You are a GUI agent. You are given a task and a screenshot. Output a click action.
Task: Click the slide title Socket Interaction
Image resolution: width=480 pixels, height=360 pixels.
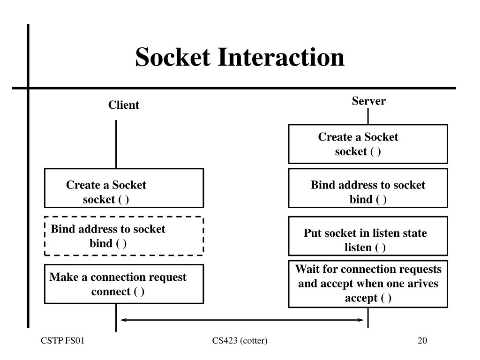tap(240, 57)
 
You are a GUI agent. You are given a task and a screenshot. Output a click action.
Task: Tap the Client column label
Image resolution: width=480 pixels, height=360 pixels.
tap(123, 105)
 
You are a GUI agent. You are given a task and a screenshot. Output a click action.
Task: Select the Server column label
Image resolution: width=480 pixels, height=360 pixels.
tap(368, 101)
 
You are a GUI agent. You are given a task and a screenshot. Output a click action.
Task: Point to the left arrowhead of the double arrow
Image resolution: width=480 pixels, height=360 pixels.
tap(121, 320)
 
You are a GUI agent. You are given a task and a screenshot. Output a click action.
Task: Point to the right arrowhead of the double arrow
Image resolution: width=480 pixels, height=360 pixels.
tap(363, 320)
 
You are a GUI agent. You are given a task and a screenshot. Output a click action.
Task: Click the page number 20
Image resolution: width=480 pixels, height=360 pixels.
tap(422, 340)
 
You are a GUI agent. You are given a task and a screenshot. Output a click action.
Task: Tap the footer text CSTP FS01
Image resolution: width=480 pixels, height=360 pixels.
tap(62, 340)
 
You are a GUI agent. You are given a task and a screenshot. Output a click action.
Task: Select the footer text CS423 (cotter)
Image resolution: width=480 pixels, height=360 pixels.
tap(240, 340)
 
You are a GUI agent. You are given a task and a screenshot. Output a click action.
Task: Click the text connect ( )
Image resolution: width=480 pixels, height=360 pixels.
tap(118, 292)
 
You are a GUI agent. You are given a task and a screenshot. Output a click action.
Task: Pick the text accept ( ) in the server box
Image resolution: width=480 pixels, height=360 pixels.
tap(368, 298)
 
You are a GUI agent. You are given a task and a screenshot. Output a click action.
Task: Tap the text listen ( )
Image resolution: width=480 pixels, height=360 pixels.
tap(365, 247)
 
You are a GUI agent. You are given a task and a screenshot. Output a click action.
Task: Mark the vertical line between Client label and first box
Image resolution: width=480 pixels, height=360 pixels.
tap(116, 144)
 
